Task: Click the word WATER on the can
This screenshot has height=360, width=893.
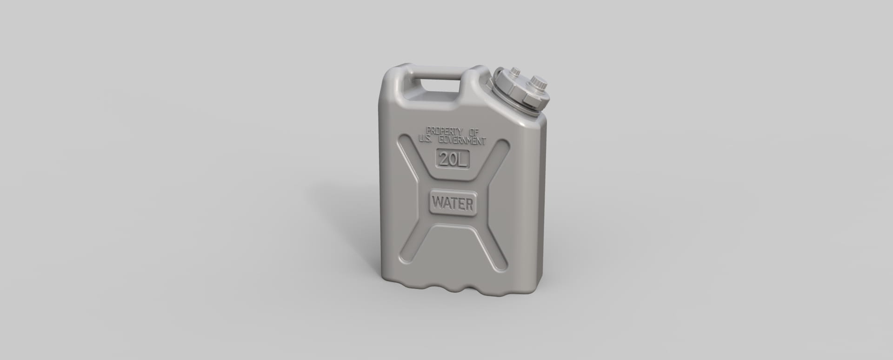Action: point(453,203)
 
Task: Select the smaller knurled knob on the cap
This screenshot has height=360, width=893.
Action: point(515,72)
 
